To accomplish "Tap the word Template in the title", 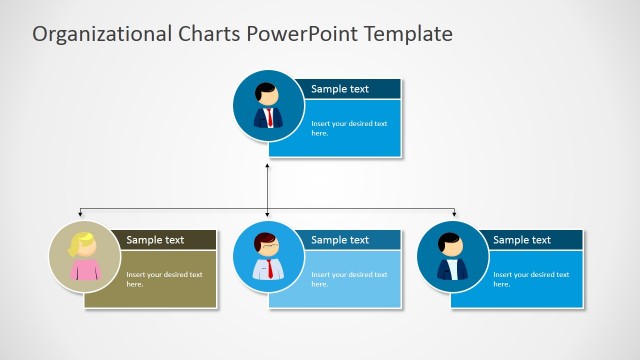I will click(x=409, y=35).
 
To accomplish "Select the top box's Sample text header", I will click(x=340, y=89).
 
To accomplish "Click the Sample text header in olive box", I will click(x=155, y=240).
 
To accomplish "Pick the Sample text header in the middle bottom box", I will click(x=340, y=240).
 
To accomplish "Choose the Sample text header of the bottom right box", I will click(x=522, y=240).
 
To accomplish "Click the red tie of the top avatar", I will click(x=269, y=118).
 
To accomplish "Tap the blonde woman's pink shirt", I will click(x=84, y=270).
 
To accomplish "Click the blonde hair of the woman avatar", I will click(x=81, y=240).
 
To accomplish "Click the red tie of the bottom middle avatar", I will click(x=269, y=268).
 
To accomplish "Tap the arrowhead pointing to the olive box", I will click(x=81, y=214).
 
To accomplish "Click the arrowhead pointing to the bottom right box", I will click(x=454, y=214).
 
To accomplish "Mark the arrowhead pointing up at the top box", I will click(x=268, y=163).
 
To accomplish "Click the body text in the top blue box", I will click(x=340, y=128).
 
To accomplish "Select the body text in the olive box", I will click(x=164, y=279).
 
